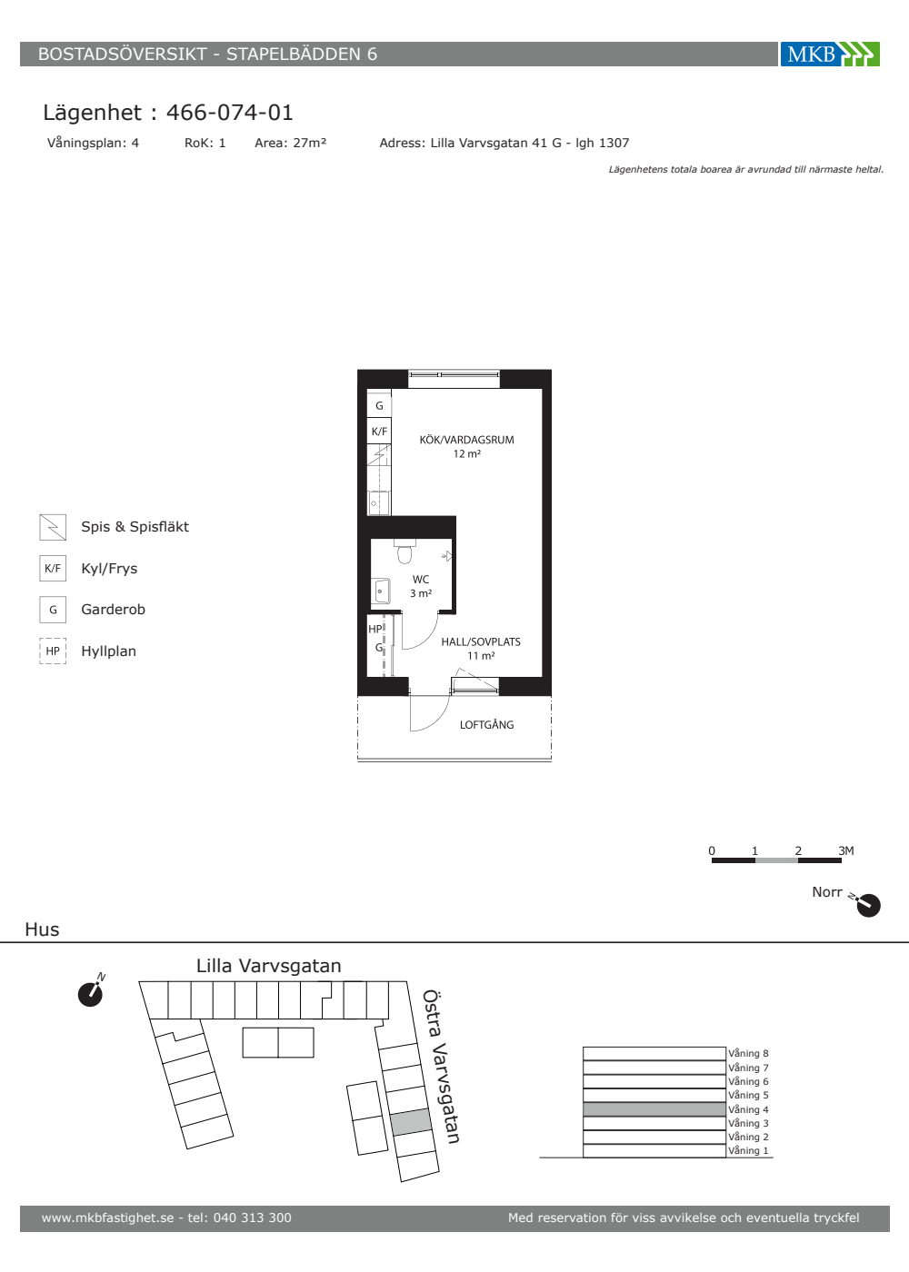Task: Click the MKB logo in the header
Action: (x=830, y=54)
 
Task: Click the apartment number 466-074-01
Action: (x=229, y=113)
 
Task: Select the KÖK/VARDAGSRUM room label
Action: (x=466, y=440)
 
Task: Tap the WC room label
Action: (x=420, y=580)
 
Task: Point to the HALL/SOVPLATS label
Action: (x=481, y=641)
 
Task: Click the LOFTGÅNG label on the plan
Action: (x=486, y=725)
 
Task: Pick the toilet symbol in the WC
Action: (x=405, y=552)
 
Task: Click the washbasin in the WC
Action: (x=381, y=591)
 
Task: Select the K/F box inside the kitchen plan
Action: (x=379, y=431)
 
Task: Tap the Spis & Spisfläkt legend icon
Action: (x=53, y=527)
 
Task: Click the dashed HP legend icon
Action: (x=53, y=651)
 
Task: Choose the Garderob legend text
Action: (x=113, y=610)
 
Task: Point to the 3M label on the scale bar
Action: (x=846, y=850)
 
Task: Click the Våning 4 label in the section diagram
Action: (x=748, y=1109)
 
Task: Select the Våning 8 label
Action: (x=748, y=1053)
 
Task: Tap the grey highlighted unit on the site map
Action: (x=410, y=1122)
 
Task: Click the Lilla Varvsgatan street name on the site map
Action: (x=269, y=965)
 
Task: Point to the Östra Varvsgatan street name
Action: (x=441, y=1067)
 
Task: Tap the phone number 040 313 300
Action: (x=253, y=1217)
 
